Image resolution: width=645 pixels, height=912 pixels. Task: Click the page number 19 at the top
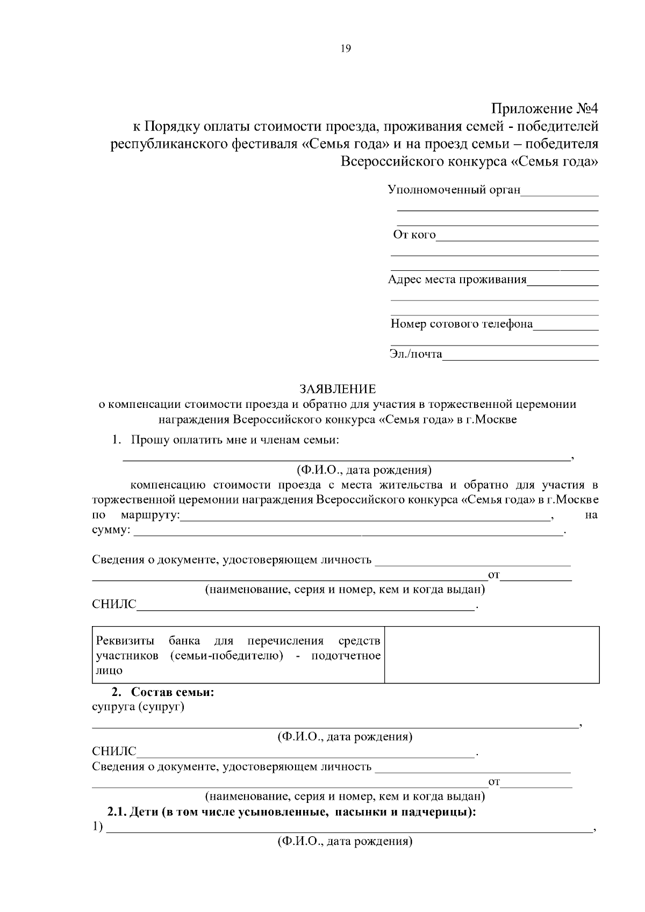coord(345,49)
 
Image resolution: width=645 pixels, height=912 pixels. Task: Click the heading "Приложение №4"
coord(544,109)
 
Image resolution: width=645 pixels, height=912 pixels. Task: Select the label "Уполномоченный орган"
coord(454,190)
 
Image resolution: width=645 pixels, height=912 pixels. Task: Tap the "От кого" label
coord(414,235)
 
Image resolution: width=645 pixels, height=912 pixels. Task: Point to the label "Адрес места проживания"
coord(457,279)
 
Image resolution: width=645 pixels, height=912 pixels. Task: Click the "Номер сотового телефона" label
coord(461,324)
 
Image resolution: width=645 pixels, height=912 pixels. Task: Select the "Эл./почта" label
coord(415,354)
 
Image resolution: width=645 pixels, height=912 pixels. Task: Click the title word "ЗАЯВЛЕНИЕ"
coord(338,389)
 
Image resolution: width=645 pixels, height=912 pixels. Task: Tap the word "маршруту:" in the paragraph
coord(151,515)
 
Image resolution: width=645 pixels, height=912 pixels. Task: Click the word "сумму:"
coord(111,530)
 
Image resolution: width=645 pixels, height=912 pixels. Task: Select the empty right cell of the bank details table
coord(491,655)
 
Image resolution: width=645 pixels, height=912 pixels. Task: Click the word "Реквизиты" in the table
coord(125,641)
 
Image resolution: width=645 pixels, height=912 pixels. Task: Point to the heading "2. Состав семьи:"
coord(162,692)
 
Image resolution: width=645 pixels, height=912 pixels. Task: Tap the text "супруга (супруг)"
coord(138,707)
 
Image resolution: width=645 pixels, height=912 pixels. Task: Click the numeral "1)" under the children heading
coord(97,827)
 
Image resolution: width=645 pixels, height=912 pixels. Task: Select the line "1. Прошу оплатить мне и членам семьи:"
coord(225,440)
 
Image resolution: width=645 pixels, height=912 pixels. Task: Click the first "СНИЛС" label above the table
coord(114,605)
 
